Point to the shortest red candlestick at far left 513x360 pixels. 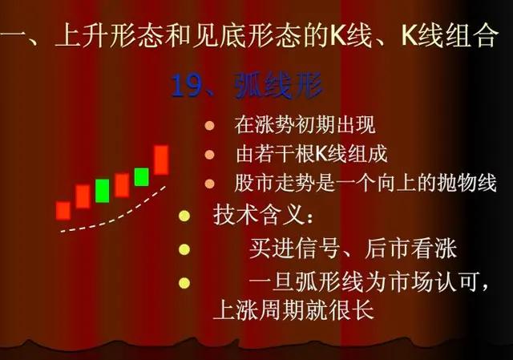[63, 210]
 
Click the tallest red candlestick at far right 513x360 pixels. [161, 159]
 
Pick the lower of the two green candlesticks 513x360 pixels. [102, 190]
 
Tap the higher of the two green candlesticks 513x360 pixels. [141, 176]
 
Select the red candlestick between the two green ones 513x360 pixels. [122, 185]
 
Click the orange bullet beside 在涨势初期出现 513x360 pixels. [209, 126]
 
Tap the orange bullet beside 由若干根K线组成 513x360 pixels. [209, 154]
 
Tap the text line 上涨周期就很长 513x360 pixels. [293, 309]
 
